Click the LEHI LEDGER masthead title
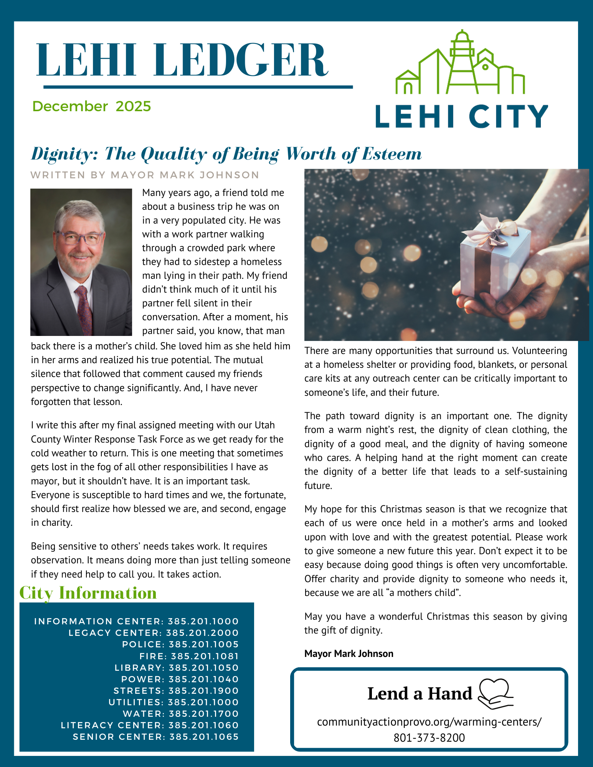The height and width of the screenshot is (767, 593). click(182, 61)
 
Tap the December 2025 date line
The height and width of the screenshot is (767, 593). click(92, 106)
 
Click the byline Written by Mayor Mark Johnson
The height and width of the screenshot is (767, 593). click(145, 175)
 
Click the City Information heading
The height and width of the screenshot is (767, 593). click(88, 593)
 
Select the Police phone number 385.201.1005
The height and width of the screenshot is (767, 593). click(204, 644)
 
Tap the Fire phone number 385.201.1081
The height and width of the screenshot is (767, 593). click(205, 656)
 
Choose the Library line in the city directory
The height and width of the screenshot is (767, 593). click(177, 668)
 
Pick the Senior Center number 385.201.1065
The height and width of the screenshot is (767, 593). click(204, 737)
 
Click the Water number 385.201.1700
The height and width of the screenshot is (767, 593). click(204, 714)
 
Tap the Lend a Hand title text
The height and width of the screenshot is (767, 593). click(420, 694)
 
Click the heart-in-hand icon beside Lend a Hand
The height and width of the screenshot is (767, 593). click(495, 693)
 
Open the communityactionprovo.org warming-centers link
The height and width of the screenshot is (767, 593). click(429, 722)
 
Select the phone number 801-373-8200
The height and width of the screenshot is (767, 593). click(429, 737)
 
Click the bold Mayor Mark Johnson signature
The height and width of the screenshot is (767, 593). click(349, 653)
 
